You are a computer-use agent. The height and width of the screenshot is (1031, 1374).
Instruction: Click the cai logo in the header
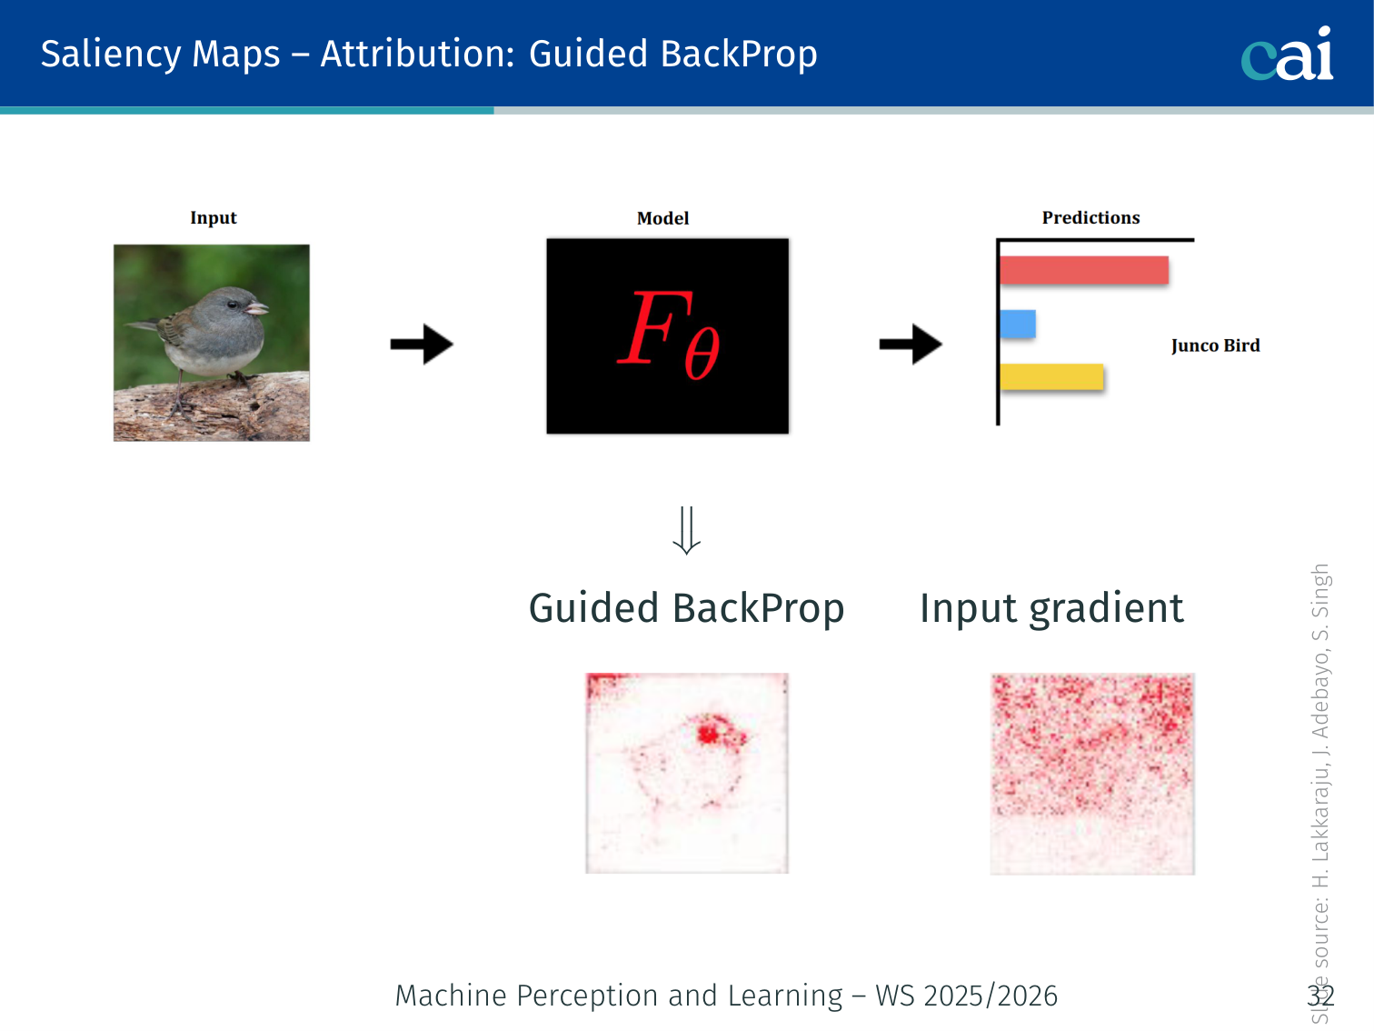pos(1287,54)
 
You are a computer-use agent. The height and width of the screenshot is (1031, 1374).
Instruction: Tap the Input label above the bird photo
pos(214,218)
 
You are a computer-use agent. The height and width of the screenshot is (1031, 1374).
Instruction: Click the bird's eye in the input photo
pos(233,305)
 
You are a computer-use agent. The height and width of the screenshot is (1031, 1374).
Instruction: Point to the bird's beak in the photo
pos(255,308)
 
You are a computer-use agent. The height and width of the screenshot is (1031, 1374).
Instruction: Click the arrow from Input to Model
pos(422,344)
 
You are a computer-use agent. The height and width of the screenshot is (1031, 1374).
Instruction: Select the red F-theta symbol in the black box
pos(669,335)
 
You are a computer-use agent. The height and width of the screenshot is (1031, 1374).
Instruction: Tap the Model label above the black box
pos(662,218)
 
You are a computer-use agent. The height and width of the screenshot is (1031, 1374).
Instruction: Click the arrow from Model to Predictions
pos(911,344)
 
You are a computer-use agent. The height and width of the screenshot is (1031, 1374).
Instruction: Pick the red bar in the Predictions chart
pos(1084,270)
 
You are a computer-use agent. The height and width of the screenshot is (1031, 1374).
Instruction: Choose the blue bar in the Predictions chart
pos(1018,324)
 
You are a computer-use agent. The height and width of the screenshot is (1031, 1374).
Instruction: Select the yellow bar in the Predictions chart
pos(1051,376)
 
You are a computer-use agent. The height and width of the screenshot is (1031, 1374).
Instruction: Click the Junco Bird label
pos(1216,345)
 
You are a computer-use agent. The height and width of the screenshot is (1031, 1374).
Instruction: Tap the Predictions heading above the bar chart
pos(1091,218)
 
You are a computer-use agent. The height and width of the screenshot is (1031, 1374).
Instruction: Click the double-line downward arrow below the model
pos(687,530)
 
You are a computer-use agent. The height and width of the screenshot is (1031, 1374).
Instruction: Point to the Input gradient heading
pos(1051,608)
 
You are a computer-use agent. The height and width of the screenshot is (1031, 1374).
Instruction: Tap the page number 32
pos(1320,996)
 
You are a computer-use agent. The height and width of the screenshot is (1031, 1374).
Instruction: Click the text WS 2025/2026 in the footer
pos(967,996)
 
